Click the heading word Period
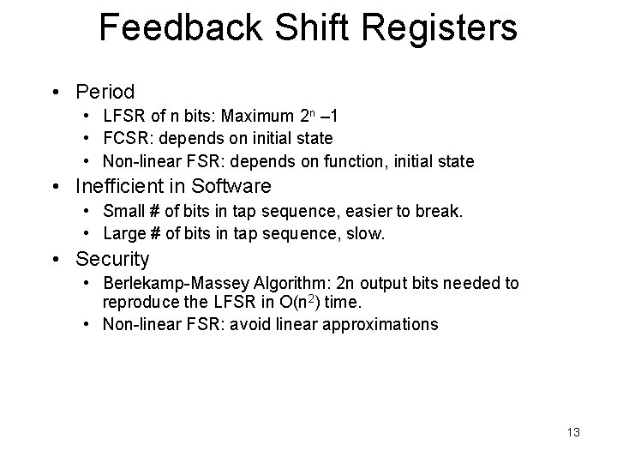tap(105, 91)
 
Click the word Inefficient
tap(129, 186)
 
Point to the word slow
tap(367, 233)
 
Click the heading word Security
tap(112, 258)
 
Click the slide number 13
tap(572, 432)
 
